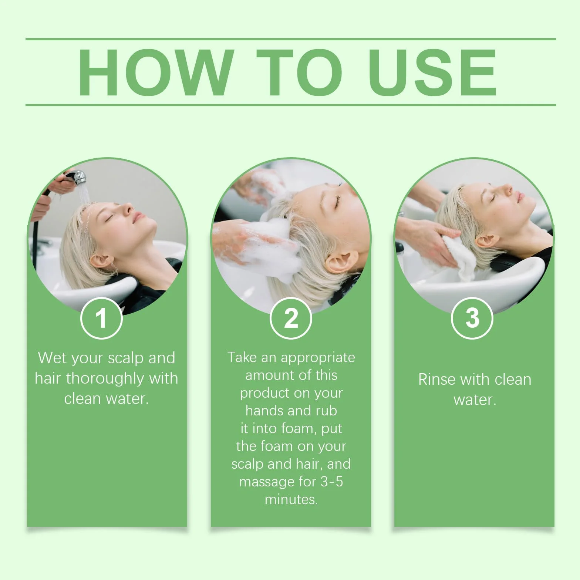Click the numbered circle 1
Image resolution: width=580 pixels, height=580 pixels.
[x=101, y=318]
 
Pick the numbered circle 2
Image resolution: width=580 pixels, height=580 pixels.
[x=291, y=318]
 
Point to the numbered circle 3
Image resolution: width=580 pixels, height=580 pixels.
[x=472, y=318]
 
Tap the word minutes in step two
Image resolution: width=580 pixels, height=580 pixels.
[x=291, y=500]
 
